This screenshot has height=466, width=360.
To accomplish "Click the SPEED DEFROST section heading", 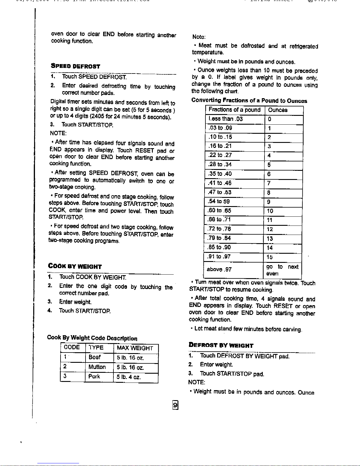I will coord(75,66).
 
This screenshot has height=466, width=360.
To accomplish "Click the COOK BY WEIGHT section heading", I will coord(75,266).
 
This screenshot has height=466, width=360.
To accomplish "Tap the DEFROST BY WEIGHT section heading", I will coord(221,345).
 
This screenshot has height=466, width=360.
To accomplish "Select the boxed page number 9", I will coord(175,405).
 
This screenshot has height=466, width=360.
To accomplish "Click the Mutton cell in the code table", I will coord(97,367).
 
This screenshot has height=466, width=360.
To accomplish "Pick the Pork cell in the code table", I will coord(94,376).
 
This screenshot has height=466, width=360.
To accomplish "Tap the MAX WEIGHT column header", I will coord(135,348).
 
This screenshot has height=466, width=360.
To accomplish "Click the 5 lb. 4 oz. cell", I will coord(129,377).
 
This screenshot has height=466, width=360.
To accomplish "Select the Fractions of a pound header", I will coord(235,110).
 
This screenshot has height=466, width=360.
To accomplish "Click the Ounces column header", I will coord(278,110).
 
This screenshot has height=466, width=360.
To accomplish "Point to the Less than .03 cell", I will coord(226,119).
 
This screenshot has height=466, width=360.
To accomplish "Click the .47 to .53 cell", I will coord(220,192).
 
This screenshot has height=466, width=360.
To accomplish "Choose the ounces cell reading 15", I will coord(269,257).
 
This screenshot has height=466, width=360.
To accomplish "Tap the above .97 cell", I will coord(219,269).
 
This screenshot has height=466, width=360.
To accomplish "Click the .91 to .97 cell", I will coord(219,256).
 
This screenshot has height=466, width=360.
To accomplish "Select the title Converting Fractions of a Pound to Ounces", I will coord(249,101).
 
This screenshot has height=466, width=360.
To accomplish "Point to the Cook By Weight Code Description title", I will coord(92,338).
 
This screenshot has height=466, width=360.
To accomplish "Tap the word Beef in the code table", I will coord(95,357).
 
